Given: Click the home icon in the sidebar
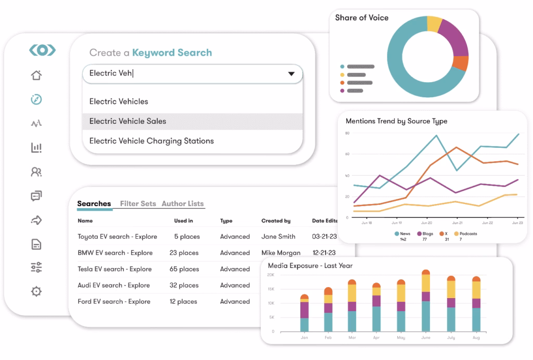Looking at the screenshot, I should click(x=36, y=75).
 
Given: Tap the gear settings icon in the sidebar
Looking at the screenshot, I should click(x=36, y=291).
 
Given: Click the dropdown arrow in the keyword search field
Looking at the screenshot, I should click(x=291, y=74).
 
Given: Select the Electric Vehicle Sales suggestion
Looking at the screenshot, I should click(x=128, y=121).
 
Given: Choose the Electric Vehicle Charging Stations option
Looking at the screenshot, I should click(x=151, y=141).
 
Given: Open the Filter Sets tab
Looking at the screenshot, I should click(x=138, y=203).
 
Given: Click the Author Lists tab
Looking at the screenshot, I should click(x=183, y=203).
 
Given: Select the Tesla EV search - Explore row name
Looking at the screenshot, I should click(x=115, y=269).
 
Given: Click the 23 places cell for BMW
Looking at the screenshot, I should click(x=184, y=253).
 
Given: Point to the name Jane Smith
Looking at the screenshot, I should click(x=278, y=237).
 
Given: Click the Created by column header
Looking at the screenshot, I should click(x=276, y=221).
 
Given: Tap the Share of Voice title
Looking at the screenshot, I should click(x=362, y=18).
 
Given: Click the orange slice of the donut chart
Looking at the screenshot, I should click(x=460, y=63).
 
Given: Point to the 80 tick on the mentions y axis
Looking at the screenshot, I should click(x=347, y=133).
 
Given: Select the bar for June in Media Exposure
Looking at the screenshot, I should click(x=426, y=302).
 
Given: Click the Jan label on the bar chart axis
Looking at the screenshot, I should click(x=304, y=337).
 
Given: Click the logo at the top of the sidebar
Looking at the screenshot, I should click(x=42, y=50).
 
